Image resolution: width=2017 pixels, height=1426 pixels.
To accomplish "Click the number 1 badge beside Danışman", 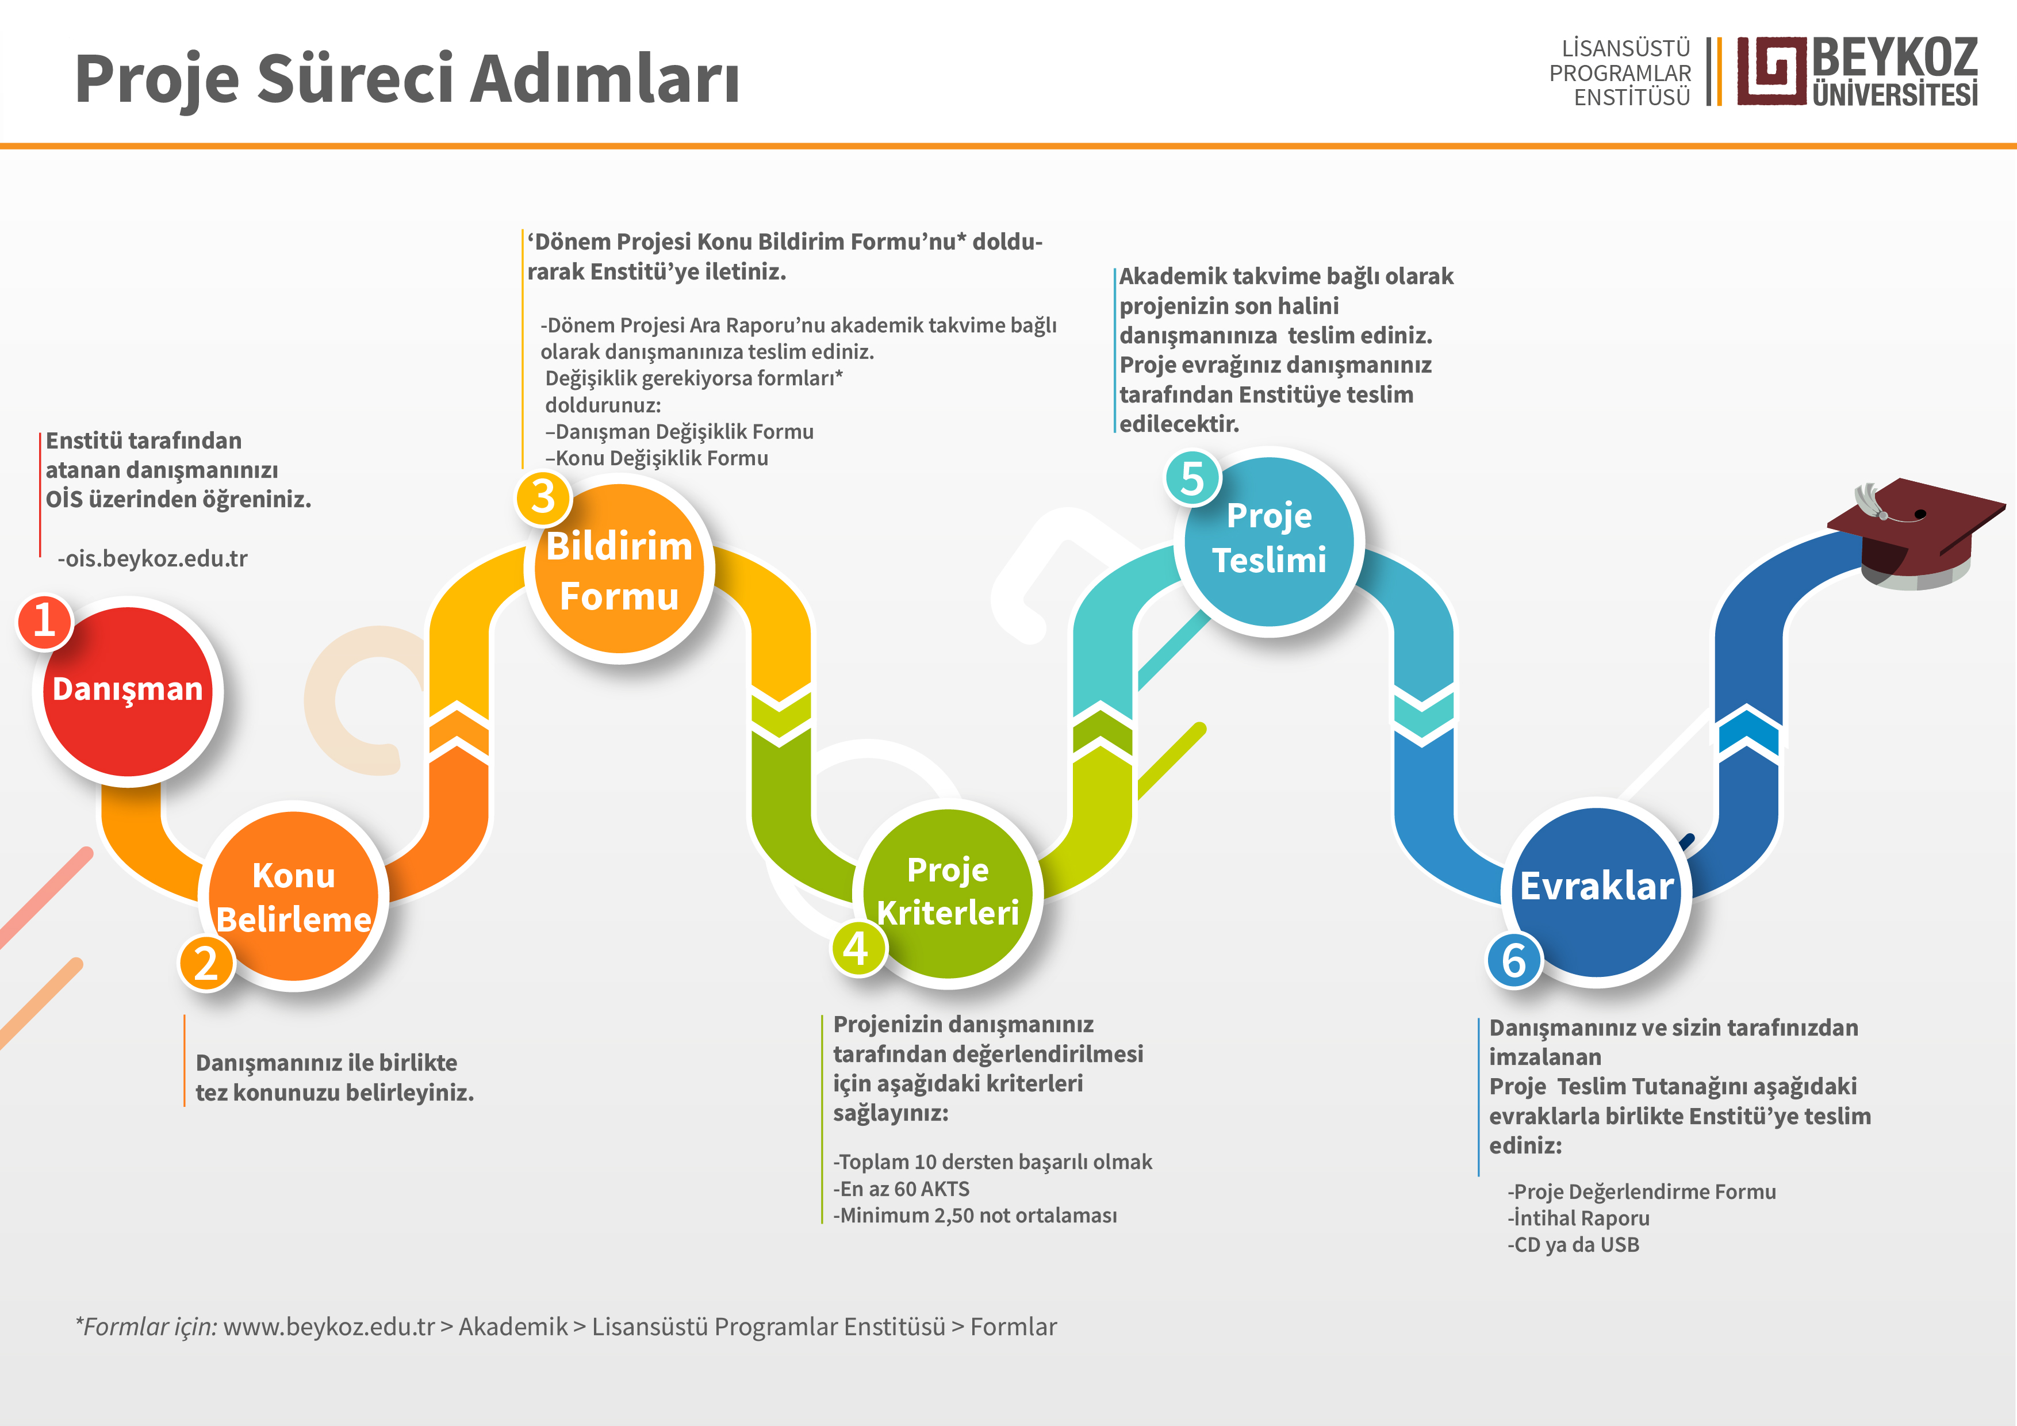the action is pyautogui.click(x=44, y=622).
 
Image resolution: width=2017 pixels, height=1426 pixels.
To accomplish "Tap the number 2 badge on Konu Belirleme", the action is pyautogui.click(x=206, y=963).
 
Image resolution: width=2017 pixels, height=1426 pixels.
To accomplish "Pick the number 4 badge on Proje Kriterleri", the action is pyautogui.click(x=857, y=948).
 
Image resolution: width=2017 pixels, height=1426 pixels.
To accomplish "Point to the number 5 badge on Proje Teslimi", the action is pyautogui.click(x=1192, y=479).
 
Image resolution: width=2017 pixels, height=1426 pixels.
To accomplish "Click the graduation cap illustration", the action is pyautogui.click(x=1915, y=534).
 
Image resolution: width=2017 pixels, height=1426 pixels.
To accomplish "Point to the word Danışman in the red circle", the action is pyautogui.click(x=128, y=690).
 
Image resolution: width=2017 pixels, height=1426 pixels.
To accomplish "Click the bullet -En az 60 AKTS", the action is pyautogui.click(x=902, y=1189).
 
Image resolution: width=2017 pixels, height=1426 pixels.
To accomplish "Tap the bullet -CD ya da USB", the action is pyautogui.click(x=1573, y=1244).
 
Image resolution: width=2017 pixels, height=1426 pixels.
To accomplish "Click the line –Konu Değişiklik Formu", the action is pyautogui.click(x=656, y=458).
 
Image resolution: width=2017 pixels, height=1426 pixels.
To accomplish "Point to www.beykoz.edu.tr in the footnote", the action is pyautogui.click(x=328, y=1327).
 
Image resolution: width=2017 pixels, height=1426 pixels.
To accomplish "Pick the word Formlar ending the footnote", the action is pyautogui.click(x=1013, y=1327).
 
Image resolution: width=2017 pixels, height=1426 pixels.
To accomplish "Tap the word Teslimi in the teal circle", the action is pyautogui.click(x=1270, y=559).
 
